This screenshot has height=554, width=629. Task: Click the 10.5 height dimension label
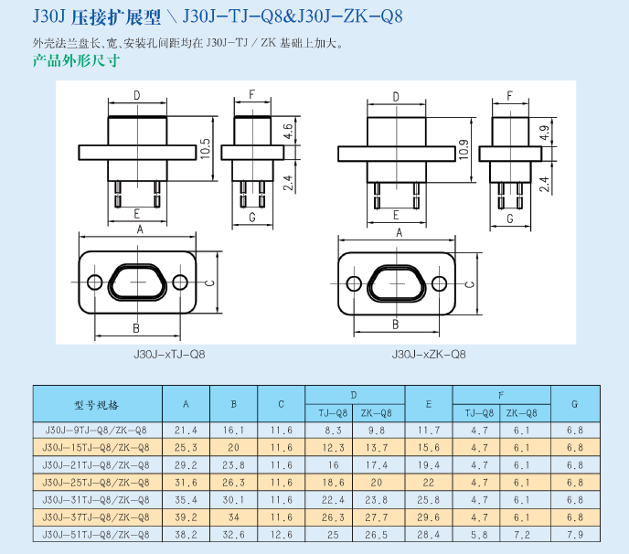point(207,147)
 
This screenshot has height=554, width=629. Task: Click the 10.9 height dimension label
point(464,149)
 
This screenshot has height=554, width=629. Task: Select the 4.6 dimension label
point(288,131)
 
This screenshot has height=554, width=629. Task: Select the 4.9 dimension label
point(545,132)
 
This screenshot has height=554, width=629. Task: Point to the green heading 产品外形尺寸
point(77,62)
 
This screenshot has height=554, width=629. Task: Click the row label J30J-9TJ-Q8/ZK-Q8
point(97,430)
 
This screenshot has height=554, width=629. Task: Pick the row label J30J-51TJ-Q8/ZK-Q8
point(97,534)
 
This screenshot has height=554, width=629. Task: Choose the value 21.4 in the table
point(186,430)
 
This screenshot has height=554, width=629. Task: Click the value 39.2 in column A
point(186,517)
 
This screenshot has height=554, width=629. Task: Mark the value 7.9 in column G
point(574,534)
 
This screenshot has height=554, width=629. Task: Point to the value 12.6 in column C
point(281,534)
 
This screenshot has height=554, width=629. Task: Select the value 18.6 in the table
point(333,482)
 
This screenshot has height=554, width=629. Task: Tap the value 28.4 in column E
point(428,534)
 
